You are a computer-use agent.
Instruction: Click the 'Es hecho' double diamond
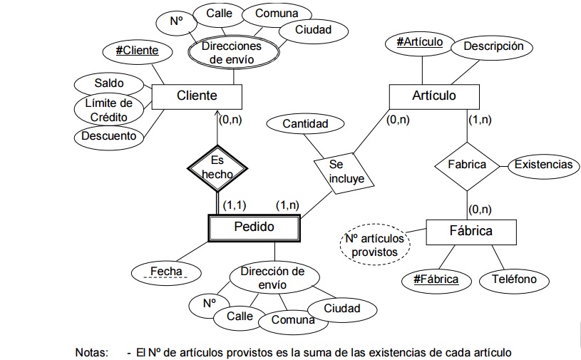217,167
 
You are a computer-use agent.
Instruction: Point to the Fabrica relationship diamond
466,165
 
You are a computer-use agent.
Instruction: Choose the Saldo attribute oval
108,84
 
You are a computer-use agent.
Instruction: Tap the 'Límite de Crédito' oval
108,110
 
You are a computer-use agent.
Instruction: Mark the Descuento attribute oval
108,135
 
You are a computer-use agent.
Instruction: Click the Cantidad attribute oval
305,124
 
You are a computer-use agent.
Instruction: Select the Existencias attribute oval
543,165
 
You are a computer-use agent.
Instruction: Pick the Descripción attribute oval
493,46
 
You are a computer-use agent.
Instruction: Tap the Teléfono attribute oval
514,279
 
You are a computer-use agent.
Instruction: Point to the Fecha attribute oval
167,272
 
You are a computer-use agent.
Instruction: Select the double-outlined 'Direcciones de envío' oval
231,53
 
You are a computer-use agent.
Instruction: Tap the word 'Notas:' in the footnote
93,352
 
